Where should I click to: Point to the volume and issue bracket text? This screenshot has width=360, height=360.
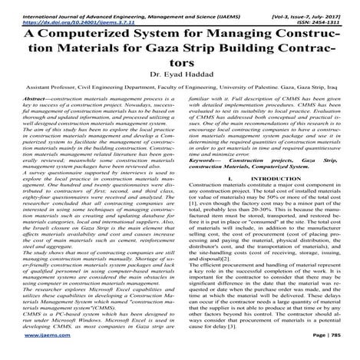click(x=314, y=5)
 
